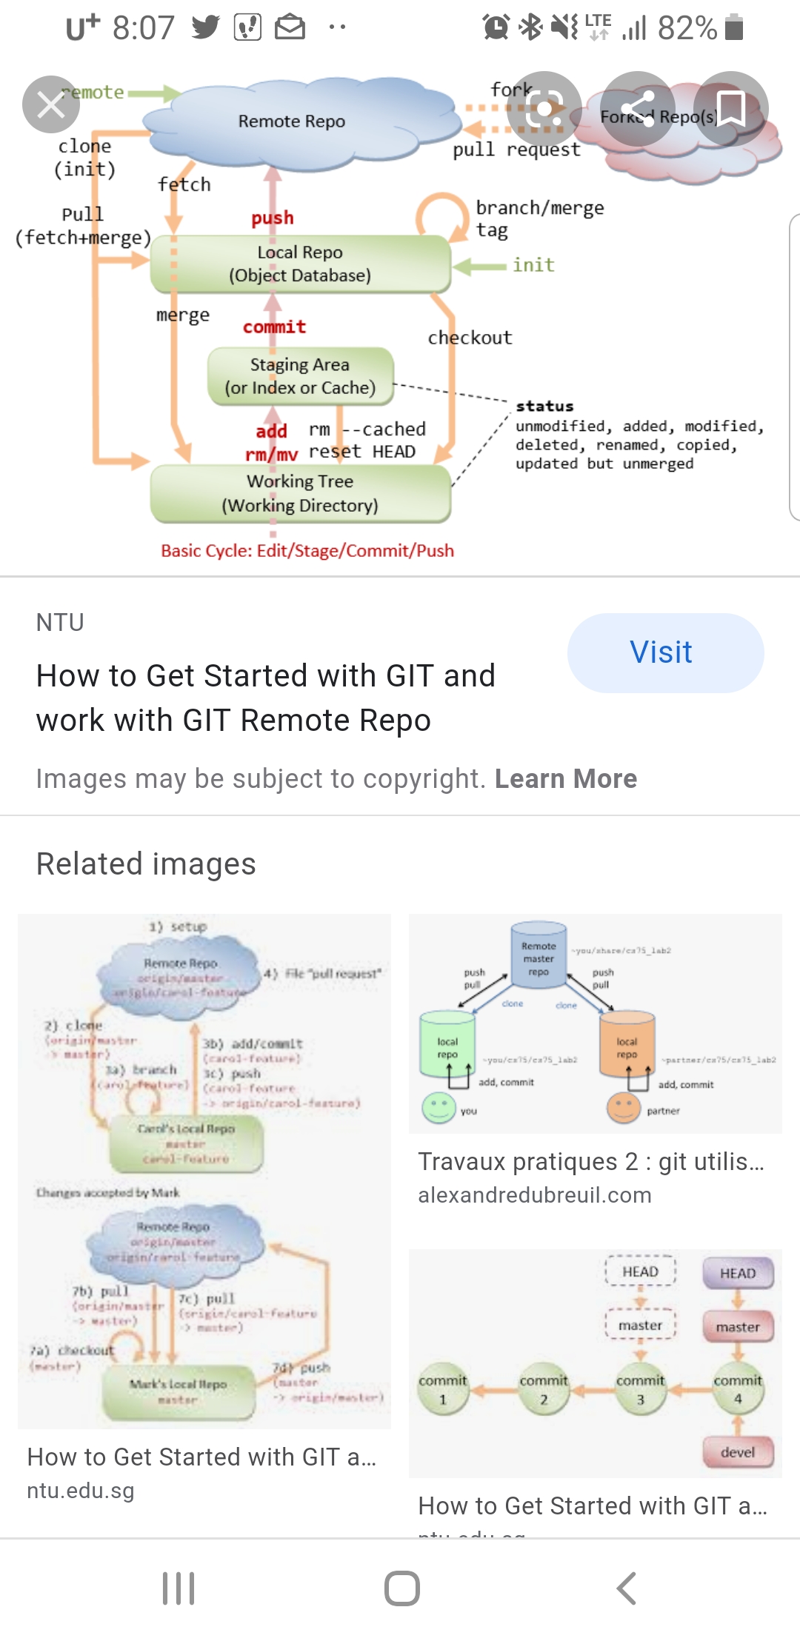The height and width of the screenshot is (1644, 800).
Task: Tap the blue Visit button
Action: [x=664, y=652]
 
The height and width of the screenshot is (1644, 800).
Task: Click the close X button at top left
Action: [x=50, y=104]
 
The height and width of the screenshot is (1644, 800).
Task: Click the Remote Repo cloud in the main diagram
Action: [x=292, y=121]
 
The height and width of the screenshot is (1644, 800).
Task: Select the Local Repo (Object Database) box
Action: [x=300, y=264]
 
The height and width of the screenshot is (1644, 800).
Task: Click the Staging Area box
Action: [x=300, y=376]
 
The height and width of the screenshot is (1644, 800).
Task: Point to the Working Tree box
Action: [x=300, y=493]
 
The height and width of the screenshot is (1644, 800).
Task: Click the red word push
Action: [x=272, y=218]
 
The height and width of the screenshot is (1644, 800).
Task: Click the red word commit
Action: [x=274, y=327]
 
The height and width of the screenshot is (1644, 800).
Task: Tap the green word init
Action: [x=533, y=265]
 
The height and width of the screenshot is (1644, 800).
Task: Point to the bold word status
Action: [x=544, y=406]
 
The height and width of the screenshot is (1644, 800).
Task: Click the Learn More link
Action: [x=566, y=779]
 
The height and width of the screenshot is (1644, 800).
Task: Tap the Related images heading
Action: [x=146, y=864]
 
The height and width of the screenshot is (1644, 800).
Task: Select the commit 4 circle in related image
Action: [x=737, y=1390]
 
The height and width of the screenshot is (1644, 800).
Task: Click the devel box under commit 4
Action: [x=737, y=1452]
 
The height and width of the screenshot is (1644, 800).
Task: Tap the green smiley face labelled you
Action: [x=439, y=1108]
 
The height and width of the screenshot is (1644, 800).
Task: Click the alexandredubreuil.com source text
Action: [x=535, y=1195]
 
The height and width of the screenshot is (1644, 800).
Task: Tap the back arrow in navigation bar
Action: [x=626, y=1588]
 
